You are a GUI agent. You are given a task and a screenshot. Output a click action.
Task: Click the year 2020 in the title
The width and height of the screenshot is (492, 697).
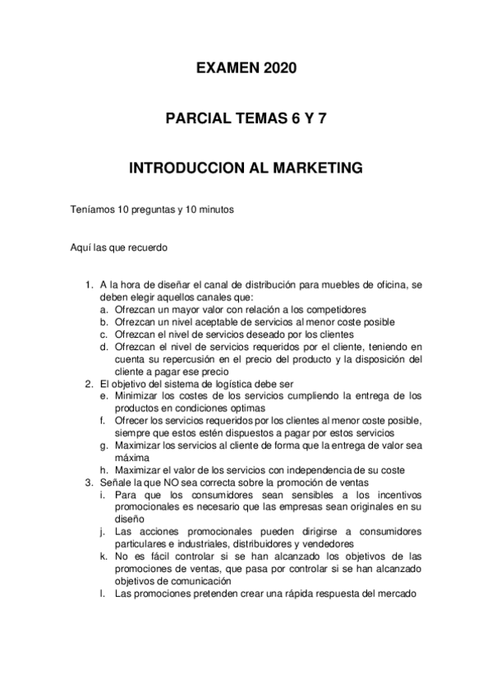point(281,70)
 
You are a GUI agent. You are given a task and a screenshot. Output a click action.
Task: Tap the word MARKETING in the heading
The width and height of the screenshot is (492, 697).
point(317,168)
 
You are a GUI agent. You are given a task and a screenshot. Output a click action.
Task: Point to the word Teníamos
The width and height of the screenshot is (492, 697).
point(94,210)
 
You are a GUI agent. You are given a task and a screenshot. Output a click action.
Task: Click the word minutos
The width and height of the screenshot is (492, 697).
point(214,210)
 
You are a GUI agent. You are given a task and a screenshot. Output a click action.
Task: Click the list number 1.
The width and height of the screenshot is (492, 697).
point(90,285)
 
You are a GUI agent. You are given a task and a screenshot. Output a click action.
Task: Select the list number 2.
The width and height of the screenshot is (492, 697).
point(90,383)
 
